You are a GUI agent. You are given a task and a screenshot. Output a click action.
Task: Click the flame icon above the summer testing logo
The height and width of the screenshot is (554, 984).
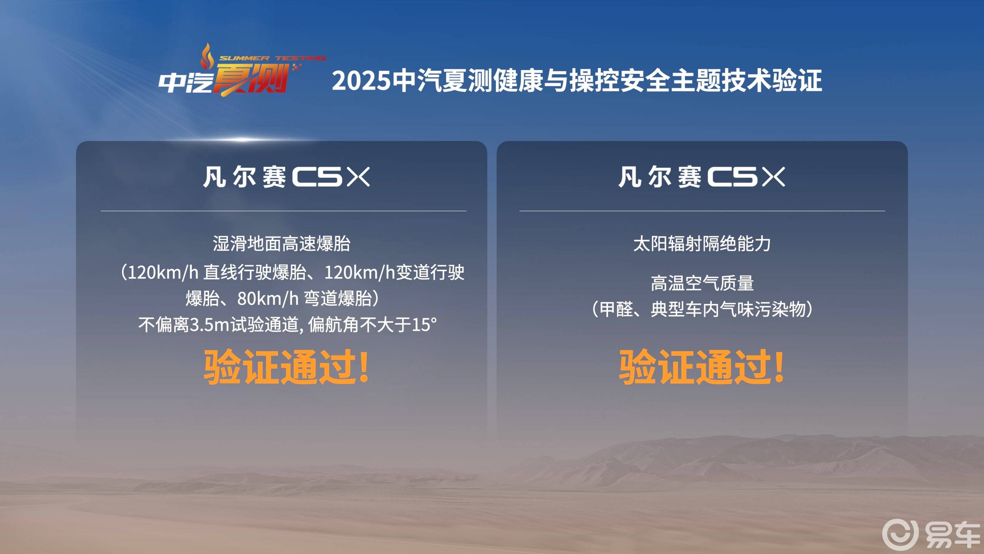pyautogui.click(x=207, y=56)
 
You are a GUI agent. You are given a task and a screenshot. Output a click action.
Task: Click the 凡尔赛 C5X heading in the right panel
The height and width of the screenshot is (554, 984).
pyautogui.click(x=702, y=177)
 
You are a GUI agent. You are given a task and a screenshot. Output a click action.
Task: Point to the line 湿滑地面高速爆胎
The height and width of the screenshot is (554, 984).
pyautogui.click(x=281, y=244)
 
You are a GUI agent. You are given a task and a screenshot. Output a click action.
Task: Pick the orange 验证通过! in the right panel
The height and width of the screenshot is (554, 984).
pyautogui.click(x=702, y=367)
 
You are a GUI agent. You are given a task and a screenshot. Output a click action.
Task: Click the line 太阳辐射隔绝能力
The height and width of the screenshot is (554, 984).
pyautogui.click(x=702, y=244)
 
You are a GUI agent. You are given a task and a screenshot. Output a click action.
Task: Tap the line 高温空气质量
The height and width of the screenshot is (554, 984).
pyautogui.click(x=702, y=283)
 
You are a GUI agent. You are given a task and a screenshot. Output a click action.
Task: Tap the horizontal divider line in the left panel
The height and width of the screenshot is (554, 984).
pyautogui.click(x=283, y=211)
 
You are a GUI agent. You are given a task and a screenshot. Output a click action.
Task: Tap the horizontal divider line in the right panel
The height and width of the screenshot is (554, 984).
pyautogui.click(x=702, y=211)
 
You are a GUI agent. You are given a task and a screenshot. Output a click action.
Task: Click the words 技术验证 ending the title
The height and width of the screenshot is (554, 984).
pyautogui.click(x=772, y=81)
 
